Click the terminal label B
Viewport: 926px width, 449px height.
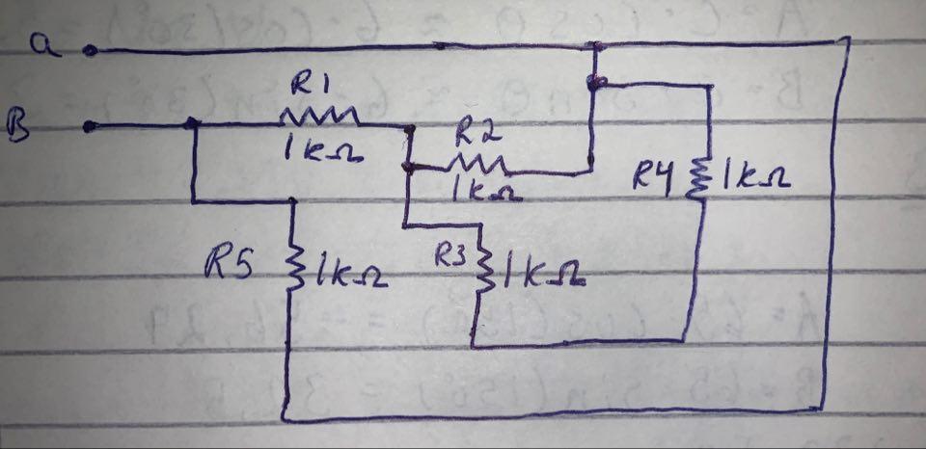(19, 124)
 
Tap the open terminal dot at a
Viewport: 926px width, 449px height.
(90, 51)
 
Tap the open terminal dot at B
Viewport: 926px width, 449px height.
(90, 125)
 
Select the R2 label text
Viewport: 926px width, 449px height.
(473, 128)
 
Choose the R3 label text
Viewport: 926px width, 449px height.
(450, 255)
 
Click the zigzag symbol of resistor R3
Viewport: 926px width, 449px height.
(485, 267)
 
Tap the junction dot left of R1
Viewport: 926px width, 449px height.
(192, 123)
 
